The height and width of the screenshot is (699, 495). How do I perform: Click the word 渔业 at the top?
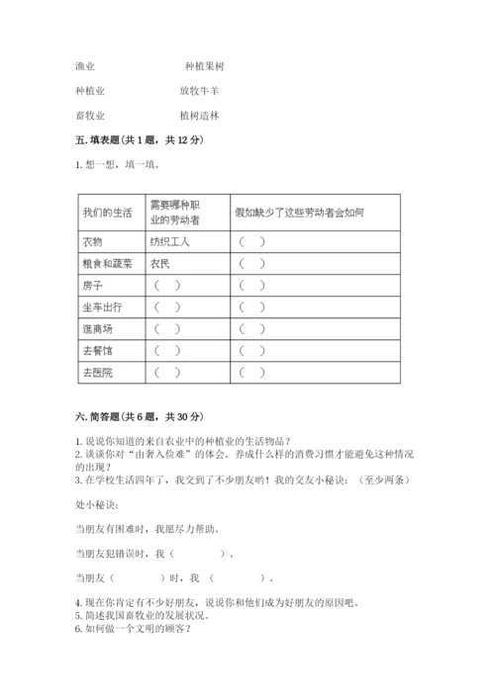[85, 66]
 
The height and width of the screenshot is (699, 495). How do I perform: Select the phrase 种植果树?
[205, 66]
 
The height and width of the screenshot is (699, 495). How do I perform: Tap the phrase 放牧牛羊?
[200, 90]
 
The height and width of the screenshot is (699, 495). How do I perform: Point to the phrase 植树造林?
[200, 115]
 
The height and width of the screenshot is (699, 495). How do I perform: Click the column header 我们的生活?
[106, 212]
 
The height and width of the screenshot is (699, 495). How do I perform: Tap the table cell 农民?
[160, 263]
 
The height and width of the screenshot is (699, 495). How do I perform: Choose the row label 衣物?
[93, 241]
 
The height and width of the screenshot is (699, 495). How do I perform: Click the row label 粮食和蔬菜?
[106, 263]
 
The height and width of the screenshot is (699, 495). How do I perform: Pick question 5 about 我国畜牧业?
[145, 615]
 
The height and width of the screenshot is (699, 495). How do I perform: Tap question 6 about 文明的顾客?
[131, 628]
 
